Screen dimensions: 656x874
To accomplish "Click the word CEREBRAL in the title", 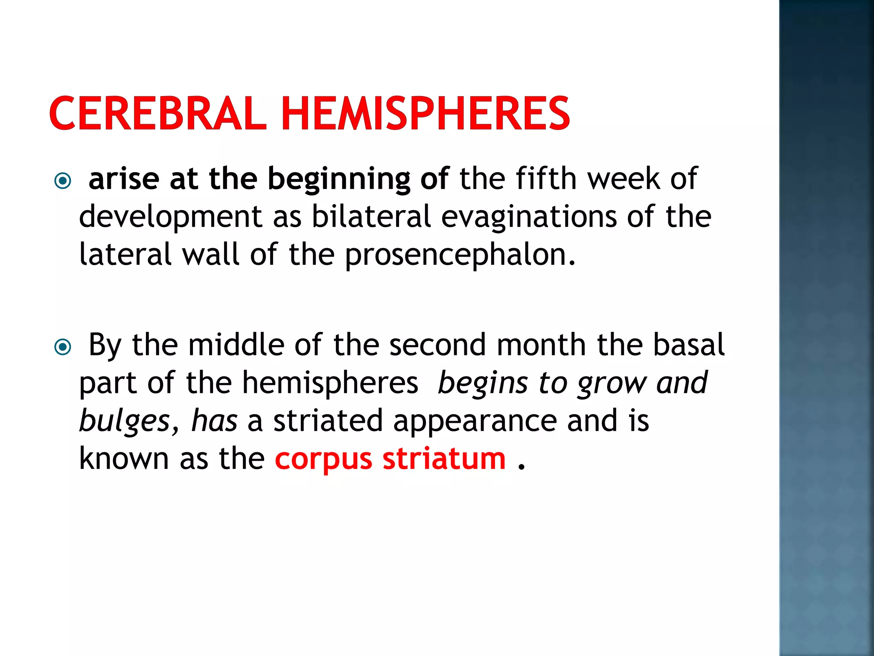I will tap(157, 113).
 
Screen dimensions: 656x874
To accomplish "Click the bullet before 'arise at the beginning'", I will tap(63, 181).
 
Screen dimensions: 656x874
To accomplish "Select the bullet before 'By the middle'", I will tap(63, 347).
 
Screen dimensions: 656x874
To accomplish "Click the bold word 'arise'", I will tap(124, 179).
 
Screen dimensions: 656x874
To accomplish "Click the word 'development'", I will tap(171, 217).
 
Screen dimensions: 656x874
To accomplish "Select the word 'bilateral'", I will tap(371, 216).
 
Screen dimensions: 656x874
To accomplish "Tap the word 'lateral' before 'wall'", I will tap(125, 255).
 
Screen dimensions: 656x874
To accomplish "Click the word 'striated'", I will tap(328, 420).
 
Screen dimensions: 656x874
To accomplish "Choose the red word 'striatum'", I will tap(444, 459).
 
